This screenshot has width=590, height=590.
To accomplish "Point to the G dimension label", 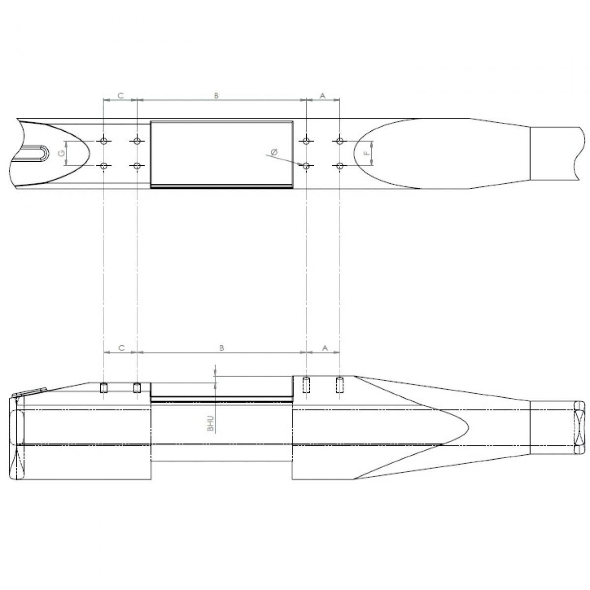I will [x=61, y=153].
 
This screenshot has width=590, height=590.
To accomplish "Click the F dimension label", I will [x=366, y=153].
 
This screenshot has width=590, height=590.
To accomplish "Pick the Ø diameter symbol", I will [x=274, y=152].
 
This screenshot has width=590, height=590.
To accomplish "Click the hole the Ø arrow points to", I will [x=306, y=166].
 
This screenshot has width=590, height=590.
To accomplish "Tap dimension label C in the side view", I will [x=121, y=348].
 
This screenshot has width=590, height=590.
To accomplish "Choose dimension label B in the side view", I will [x=221, y=348].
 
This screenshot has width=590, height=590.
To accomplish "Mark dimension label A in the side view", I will [x=324, y=348].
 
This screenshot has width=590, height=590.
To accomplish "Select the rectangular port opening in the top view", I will [x=221, y=153].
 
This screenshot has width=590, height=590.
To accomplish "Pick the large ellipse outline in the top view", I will [x=413, y=153].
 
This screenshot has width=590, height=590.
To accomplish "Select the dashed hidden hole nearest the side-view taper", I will [x=339, y=385].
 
